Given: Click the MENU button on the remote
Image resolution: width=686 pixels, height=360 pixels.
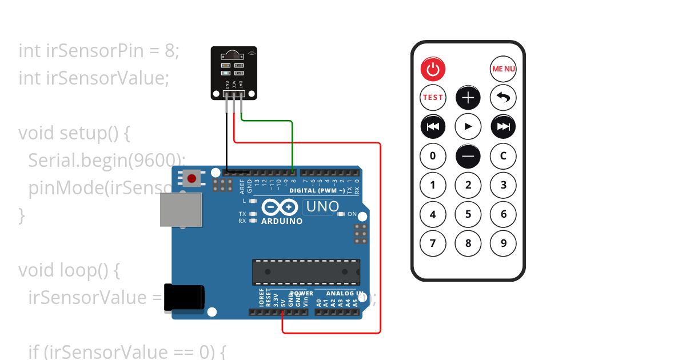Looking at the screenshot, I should pos(503,69).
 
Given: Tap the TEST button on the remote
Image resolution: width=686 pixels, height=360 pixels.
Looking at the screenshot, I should pos(433,97).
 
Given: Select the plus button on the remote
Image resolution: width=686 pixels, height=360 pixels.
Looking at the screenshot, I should pos(468,97).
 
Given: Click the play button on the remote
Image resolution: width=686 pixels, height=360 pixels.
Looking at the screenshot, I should pos(468,126).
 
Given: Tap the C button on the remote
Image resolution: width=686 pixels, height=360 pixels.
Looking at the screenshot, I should pos(503,155).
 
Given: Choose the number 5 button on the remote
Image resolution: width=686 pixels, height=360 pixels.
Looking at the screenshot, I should pos(468,214).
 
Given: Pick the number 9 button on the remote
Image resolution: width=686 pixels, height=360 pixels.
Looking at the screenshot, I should pos(503,243).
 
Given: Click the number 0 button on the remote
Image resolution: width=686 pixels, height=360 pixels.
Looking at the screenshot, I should pos(433,155).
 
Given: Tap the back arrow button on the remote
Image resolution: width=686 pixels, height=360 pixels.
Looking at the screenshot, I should pos(503,97).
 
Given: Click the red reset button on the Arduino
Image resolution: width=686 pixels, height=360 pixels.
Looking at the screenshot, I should pos(192,178).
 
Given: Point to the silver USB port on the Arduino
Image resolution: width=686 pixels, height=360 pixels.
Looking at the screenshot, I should pos(181,210).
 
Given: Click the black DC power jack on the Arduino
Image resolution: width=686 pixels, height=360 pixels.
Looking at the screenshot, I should pos(184,298).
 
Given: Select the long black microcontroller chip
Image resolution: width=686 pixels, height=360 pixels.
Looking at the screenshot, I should pos(306,272).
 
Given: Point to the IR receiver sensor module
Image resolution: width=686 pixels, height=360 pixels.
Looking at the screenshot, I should pos(234,72).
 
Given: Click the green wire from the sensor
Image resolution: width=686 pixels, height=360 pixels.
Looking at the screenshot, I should pos(293,143).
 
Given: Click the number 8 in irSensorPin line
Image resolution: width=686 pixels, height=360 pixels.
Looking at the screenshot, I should pos(169,51).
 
